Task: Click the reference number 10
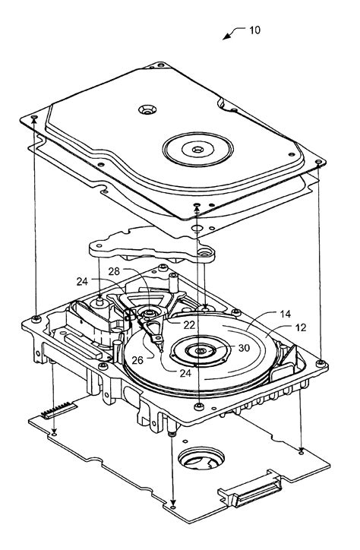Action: coord(255,30)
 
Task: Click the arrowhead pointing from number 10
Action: coord(226,36)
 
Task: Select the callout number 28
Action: coord(114,271)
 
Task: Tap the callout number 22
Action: coord(189,325)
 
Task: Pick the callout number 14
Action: coord(286,314)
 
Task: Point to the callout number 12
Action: coord(301,327)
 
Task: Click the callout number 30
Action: coord(244,348)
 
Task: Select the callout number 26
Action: coord(137,360)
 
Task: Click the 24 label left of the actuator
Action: coord(82,281)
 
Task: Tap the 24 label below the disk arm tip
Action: coord(185,373)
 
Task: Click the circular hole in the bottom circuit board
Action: coord(201,458)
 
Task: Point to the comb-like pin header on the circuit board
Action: coord(58,410)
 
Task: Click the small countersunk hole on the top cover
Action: coord(147,110)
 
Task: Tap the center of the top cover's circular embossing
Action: coord(198,150)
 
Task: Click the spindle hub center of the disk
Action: coord(201,351)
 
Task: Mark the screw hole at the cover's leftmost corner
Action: coord(34,117)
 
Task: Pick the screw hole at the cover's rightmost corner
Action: coord(318,162)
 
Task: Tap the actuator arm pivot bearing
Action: coord(151,311)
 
